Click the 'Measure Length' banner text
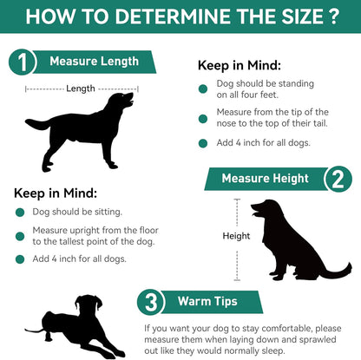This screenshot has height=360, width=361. coord(94,62)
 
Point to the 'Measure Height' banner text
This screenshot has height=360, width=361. coord(265,179)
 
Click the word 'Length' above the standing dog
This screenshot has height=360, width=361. coord(81,88)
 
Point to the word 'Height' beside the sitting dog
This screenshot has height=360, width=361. coord(236,236)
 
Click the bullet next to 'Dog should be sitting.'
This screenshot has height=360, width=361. coord(19,212)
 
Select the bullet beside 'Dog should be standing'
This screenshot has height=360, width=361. coord(204,85)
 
